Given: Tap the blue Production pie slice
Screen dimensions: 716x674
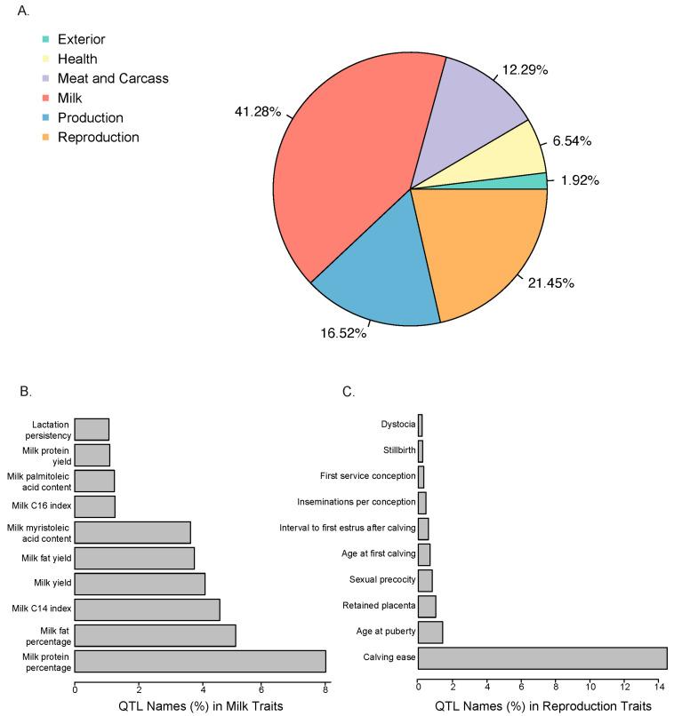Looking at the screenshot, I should pos(373,267).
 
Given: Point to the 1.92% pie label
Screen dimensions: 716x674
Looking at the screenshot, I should pos(579,180).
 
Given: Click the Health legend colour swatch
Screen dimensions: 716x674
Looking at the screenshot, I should pos(44,60).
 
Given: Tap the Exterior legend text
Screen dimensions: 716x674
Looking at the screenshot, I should pos(83,40).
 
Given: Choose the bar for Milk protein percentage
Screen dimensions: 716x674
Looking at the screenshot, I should pos(200,661).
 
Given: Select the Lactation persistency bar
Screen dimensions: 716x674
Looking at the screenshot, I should pos(92,429).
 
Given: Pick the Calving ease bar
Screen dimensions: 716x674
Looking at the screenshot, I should pos(542,658).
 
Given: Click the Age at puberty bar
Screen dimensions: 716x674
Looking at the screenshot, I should pos(430,632).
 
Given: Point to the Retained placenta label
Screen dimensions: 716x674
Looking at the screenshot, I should pos(380,606).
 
